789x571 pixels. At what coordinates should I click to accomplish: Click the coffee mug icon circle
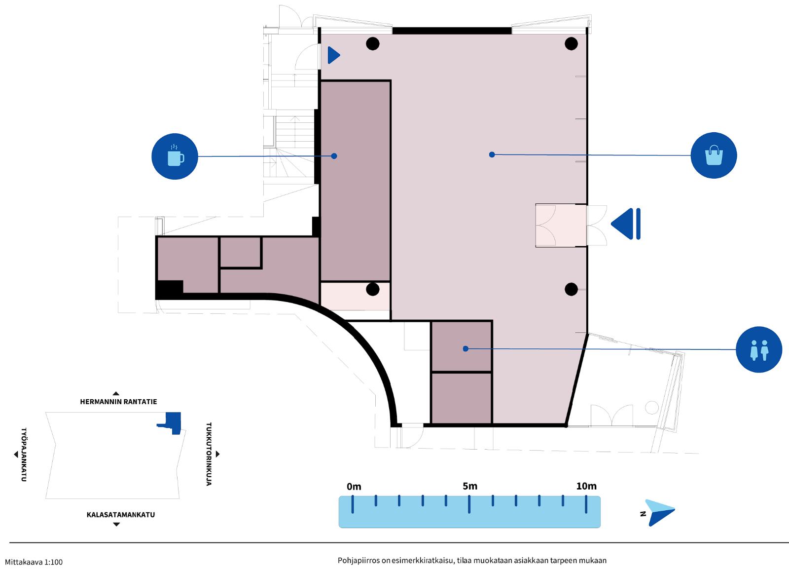point(175,156)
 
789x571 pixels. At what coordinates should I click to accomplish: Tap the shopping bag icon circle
point(714,155)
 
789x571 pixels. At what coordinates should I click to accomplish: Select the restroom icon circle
point(759,349)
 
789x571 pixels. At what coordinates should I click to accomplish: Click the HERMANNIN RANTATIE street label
point(118,402)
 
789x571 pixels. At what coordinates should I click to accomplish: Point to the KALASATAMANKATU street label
point(121,515)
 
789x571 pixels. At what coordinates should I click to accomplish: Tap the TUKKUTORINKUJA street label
point(209,454)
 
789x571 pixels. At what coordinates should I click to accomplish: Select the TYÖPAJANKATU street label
point(24,455)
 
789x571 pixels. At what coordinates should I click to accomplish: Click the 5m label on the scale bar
point(470,487)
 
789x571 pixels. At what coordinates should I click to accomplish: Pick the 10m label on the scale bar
point(586,487)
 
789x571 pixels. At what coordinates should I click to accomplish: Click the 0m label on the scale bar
point(354,487)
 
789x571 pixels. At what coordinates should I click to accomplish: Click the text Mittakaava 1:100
point(34,562)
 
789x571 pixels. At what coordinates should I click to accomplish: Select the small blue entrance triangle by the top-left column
point(333,55)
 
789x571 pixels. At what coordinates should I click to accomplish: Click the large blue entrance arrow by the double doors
point(626,224)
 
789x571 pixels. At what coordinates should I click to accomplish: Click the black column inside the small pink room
point(373,289)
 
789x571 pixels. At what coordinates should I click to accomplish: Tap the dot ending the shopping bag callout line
point(492,154)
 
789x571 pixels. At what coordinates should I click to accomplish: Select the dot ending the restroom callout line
point(466,348)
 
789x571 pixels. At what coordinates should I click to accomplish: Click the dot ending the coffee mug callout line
point(334,156)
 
